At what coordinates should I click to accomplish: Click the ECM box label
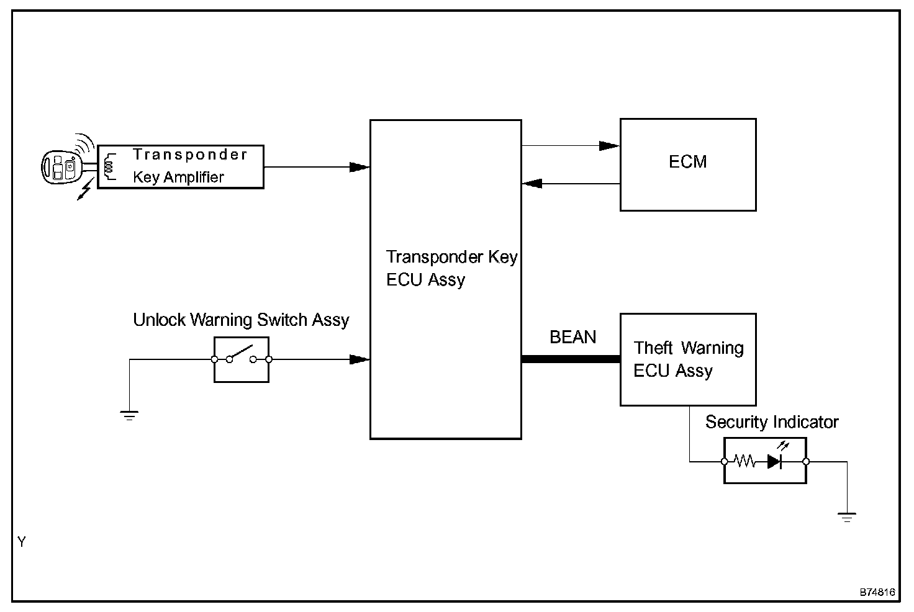[687, 162]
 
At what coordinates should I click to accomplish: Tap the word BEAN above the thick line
[572, 337]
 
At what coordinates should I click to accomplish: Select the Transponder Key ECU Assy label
[451, 268]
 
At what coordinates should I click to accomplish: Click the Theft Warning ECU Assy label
[688, 359]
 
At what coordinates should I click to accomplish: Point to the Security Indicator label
[772, 422]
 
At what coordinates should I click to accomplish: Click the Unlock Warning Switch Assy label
[241, 320]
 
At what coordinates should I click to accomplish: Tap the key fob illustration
[61, 166]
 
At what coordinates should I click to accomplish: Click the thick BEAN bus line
[570, 359]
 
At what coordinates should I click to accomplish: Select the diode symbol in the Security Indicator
[775, 461]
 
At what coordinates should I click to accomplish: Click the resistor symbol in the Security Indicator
[744, 461]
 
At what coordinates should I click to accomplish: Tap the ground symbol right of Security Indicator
[846, 516]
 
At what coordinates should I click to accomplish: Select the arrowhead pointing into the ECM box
[609, 146]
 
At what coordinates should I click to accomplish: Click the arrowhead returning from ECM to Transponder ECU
[532, 184]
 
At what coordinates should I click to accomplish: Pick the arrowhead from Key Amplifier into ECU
[359, 167]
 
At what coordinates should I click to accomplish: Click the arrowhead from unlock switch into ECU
[359, 359]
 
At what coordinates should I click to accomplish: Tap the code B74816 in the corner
[877, 592]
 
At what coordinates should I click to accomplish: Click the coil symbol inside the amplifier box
[110, 166]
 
